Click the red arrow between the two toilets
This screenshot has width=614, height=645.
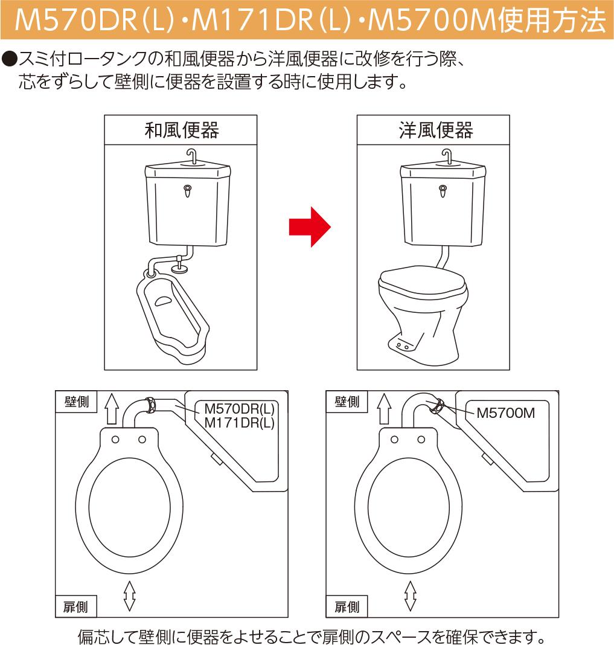310,226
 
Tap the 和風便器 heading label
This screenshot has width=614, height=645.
181,130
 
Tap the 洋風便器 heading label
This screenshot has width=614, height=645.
435,130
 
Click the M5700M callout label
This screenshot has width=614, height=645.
505,412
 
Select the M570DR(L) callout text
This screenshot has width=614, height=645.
239,408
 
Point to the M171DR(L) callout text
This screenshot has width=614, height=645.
239,423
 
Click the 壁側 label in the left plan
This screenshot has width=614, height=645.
77,402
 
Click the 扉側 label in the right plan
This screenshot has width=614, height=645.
347,607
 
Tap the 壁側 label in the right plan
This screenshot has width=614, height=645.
347,402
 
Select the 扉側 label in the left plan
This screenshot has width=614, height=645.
75,607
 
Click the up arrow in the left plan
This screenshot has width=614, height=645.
112,408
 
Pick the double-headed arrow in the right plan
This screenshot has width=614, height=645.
410,595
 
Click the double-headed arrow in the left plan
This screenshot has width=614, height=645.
130,595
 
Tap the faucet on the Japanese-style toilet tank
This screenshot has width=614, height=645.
191,156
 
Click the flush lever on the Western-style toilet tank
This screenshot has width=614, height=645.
443,191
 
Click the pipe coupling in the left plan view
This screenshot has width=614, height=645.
150,405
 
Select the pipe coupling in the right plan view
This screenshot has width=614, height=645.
437,406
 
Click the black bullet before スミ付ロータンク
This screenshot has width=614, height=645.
9,59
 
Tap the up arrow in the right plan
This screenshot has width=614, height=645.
384,408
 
